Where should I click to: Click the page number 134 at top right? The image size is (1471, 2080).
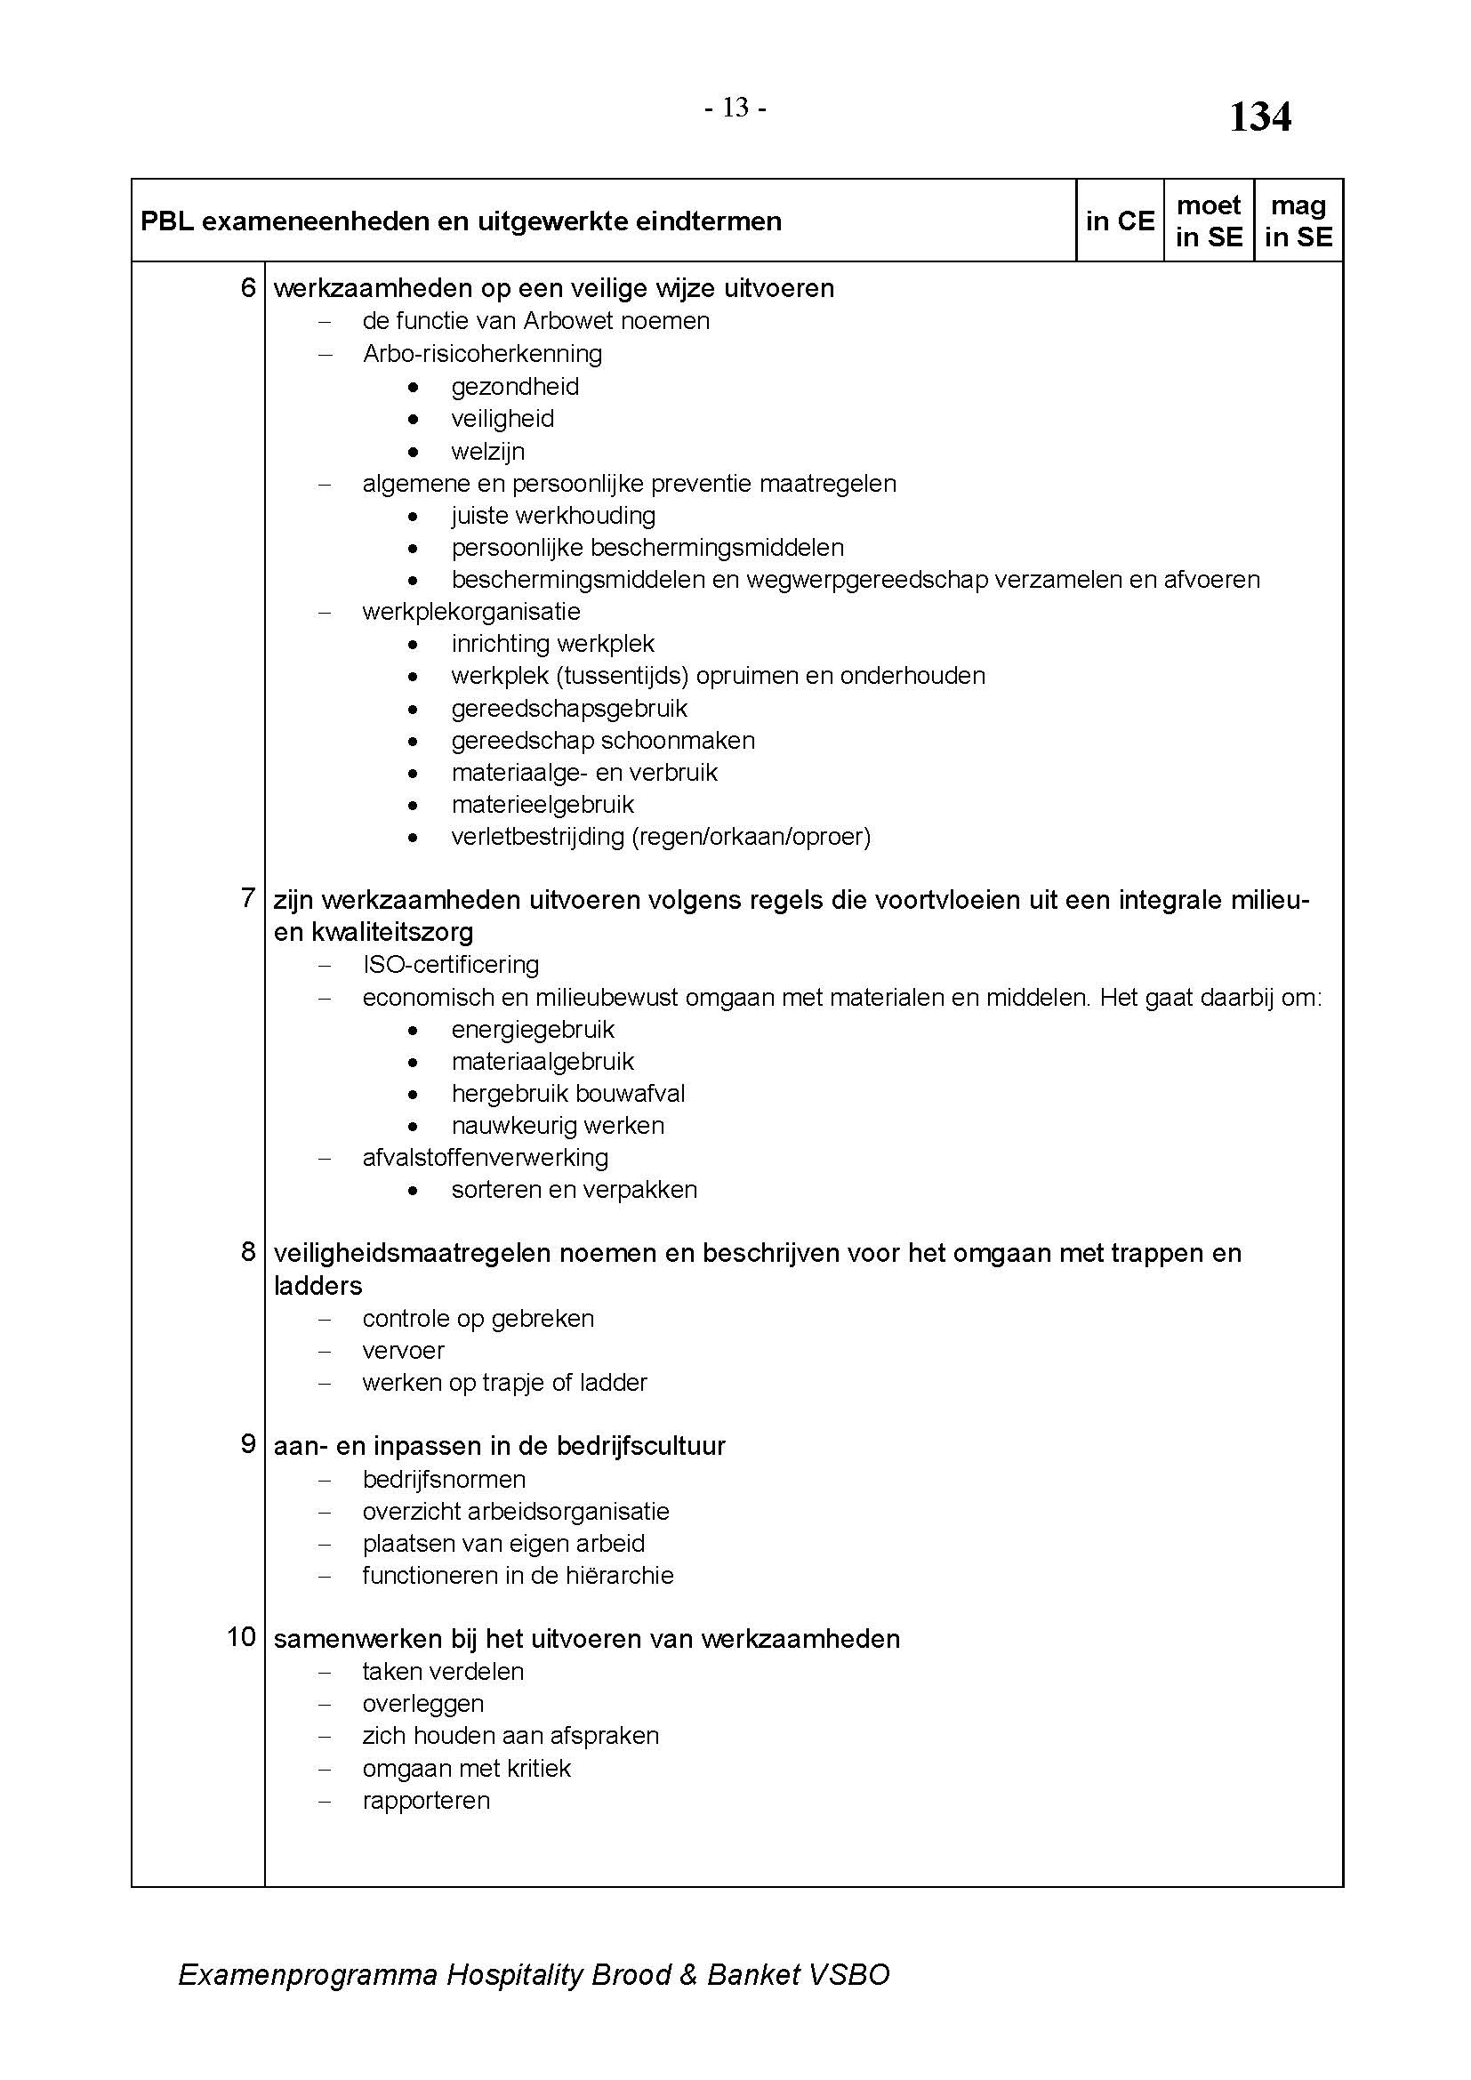click(x=1259, y=116)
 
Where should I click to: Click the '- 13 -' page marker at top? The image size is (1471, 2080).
click(x=735, y=108)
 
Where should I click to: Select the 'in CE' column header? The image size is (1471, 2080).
click(x=1120, y=221)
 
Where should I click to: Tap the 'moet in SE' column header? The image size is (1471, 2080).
click(x=1209, y=221)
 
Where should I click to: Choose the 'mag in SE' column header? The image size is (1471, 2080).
click(x=1298, y=221)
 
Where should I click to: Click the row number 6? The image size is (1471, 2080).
click(x=248, y=288)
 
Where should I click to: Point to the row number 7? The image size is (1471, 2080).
click(x=248, y=898)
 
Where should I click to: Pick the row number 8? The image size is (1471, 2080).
click(x=248, y=1251)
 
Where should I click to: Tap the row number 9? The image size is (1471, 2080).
click(x=248, y=1444)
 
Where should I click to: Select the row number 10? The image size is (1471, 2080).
click(x=242, y=1637)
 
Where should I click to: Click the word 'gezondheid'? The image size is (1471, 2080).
click(x=514, y=387)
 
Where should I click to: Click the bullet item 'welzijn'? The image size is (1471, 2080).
click(x=487, y=451)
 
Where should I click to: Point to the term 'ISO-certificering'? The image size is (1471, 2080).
click(x=450, y=965)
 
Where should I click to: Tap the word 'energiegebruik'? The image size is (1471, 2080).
click(x=533, y=1029)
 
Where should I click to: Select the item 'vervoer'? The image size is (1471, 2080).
click(x=403, y=1350)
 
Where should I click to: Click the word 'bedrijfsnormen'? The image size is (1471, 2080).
click(x=444, y=1480)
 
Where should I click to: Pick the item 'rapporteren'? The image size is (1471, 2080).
click(x=426, y=1800)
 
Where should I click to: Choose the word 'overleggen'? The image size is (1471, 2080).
click(x=423, y=1703)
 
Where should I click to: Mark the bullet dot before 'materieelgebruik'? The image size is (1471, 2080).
click(x=413, y=805)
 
